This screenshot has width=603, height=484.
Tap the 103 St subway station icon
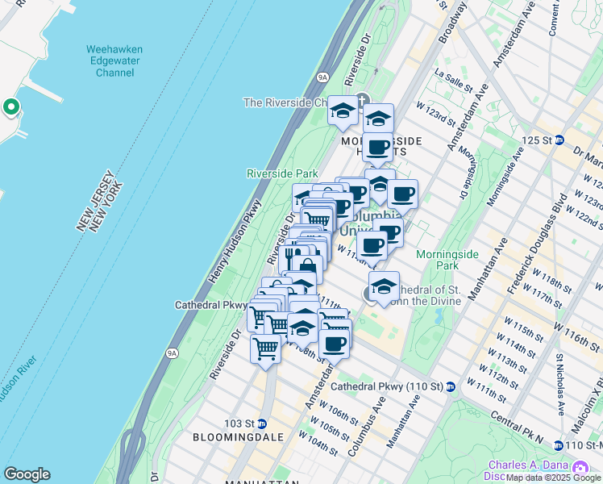click(261, 423)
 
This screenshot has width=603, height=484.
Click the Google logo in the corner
click(27, 474)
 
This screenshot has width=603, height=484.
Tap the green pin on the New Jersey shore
click(10, 106)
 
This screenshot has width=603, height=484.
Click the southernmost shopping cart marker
click(265, 350)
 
